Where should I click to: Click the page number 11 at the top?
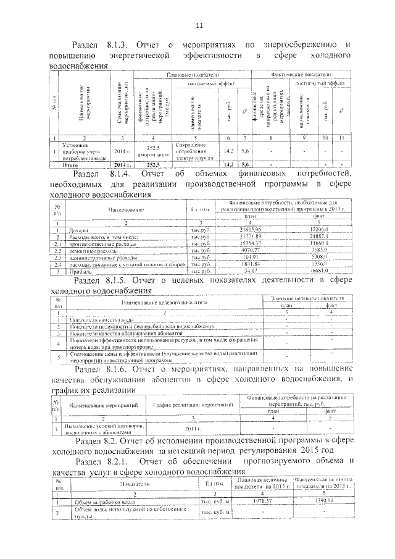coord(199,25)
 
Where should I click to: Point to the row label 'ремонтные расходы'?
coord(93,251)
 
